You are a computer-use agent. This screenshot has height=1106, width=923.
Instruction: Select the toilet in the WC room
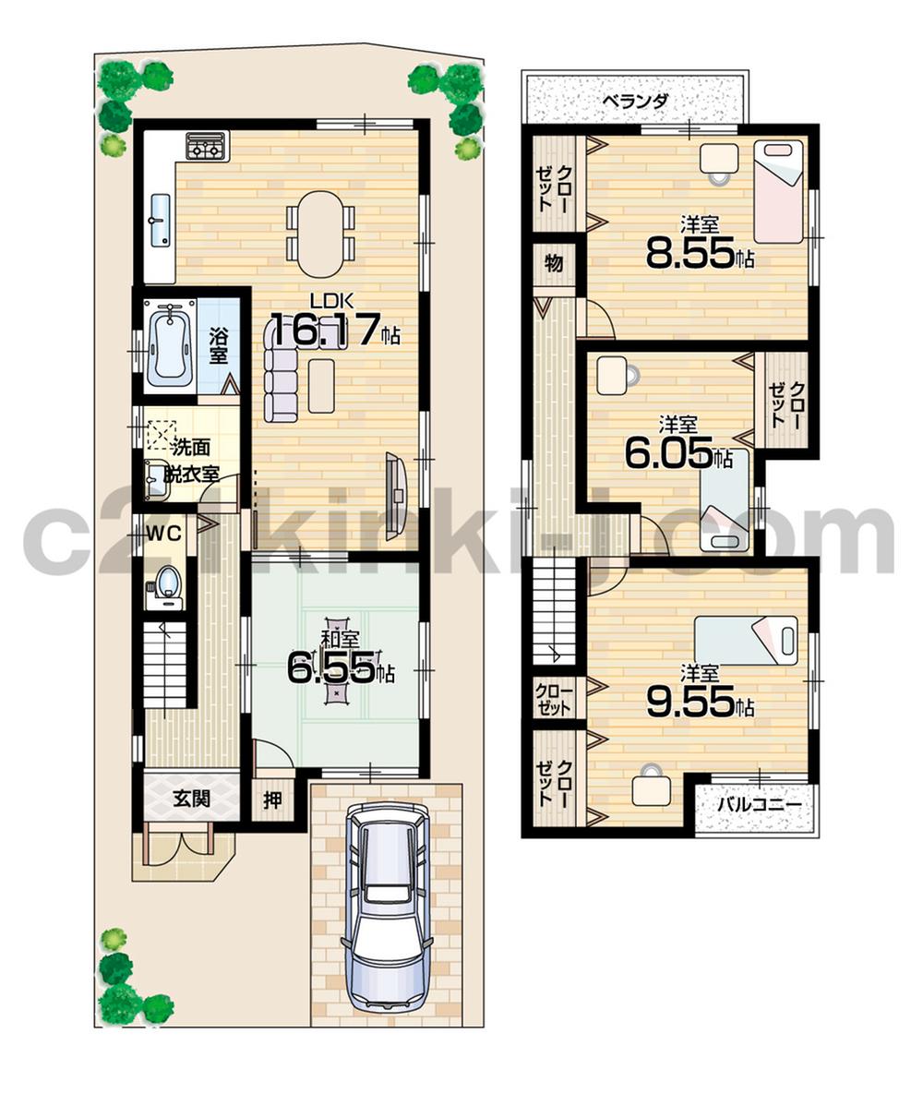[167, 585]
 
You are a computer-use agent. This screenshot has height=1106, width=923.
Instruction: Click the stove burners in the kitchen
[207, 145]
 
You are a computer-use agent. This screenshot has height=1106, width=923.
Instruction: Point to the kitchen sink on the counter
[159, 222]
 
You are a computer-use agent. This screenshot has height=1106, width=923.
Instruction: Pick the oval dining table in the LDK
[319, 233]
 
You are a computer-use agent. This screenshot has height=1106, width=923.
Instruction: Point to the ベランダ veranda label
[634, 101]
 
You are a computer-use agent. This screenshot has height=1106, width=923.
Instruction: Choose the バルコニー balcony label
[754, 804]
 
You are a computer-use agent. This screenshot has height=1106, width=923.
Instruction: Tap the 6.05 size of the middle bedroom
[668, 453]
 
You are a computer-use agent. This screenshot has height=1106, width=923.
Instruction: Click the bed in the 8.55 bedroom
[778, 191]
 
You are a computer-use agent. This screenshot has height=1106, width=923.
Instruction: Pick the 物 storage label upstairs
[553, 262]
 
